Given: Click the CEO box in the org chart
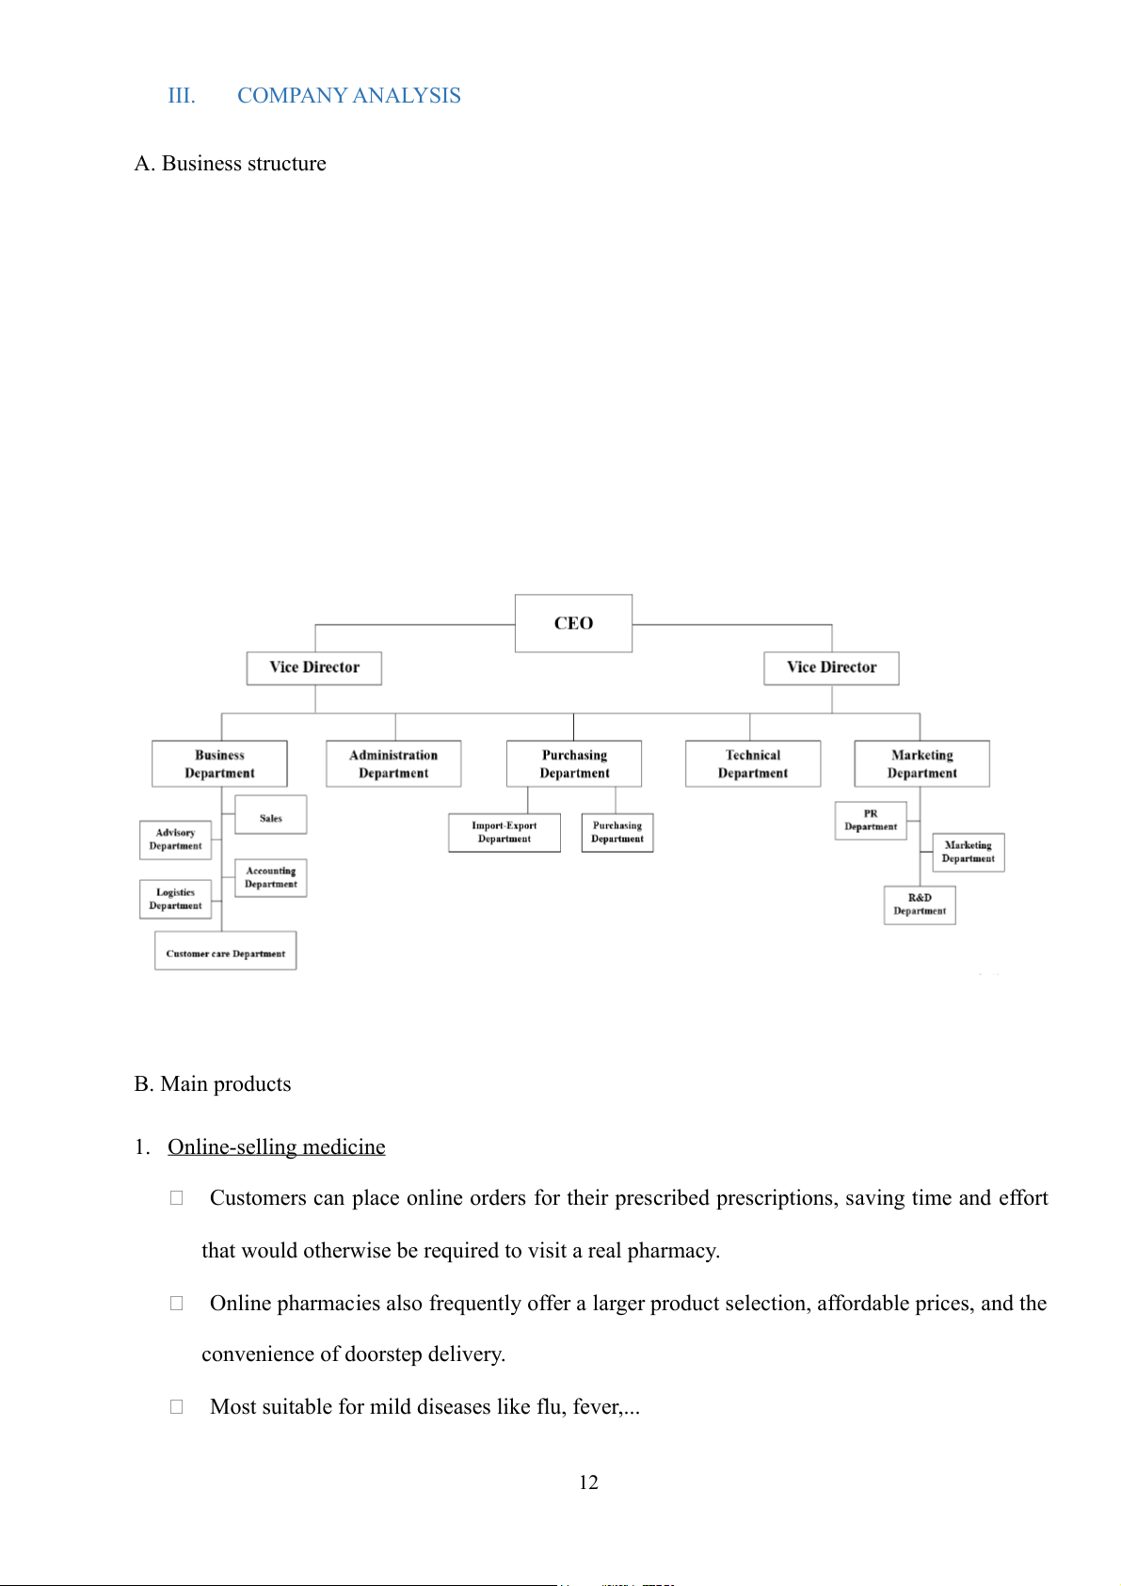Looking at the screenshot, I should tap(573, 623).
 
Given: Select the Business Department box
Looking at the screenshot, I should tap(219, 763).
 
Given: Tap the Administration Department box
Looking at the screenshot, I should tap(393, 763).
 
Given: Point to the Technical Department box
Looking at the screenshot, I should tap(752, 763).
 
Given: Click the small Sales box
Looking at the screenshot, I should tap(270, 816).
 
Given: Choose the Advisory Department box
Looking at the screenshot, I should tap(175, 840).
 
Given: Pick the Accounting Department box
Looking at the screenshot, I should tap(270, 877).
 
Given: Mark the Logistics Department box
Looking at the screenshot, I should tap(175, 899).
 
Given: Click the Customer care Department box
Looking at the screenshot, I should tap(225, 952).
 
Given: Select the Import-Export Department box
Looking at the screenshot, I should tap(504, 833).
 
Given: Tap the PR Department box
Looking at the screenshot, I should tap(871, 821).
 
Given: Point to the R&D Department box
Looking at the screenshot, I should tap(920, 905).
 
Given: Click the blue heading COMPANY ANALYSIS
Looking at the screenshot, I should tap(348, 96).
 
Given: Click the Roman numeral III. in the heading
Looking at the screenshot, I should tap(182, 96).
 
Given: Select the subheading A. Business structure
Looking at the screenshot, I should tap(231, 164).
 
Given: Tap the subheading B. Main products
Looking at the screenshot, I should tap(213, 1084).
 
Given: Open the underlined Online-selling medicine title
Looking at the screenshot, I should tap(277, 1147).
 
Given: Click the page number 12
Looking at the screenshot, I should tap(588, 1483).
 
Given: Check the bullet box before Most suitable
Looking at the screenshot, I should tap(176, 1407).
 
